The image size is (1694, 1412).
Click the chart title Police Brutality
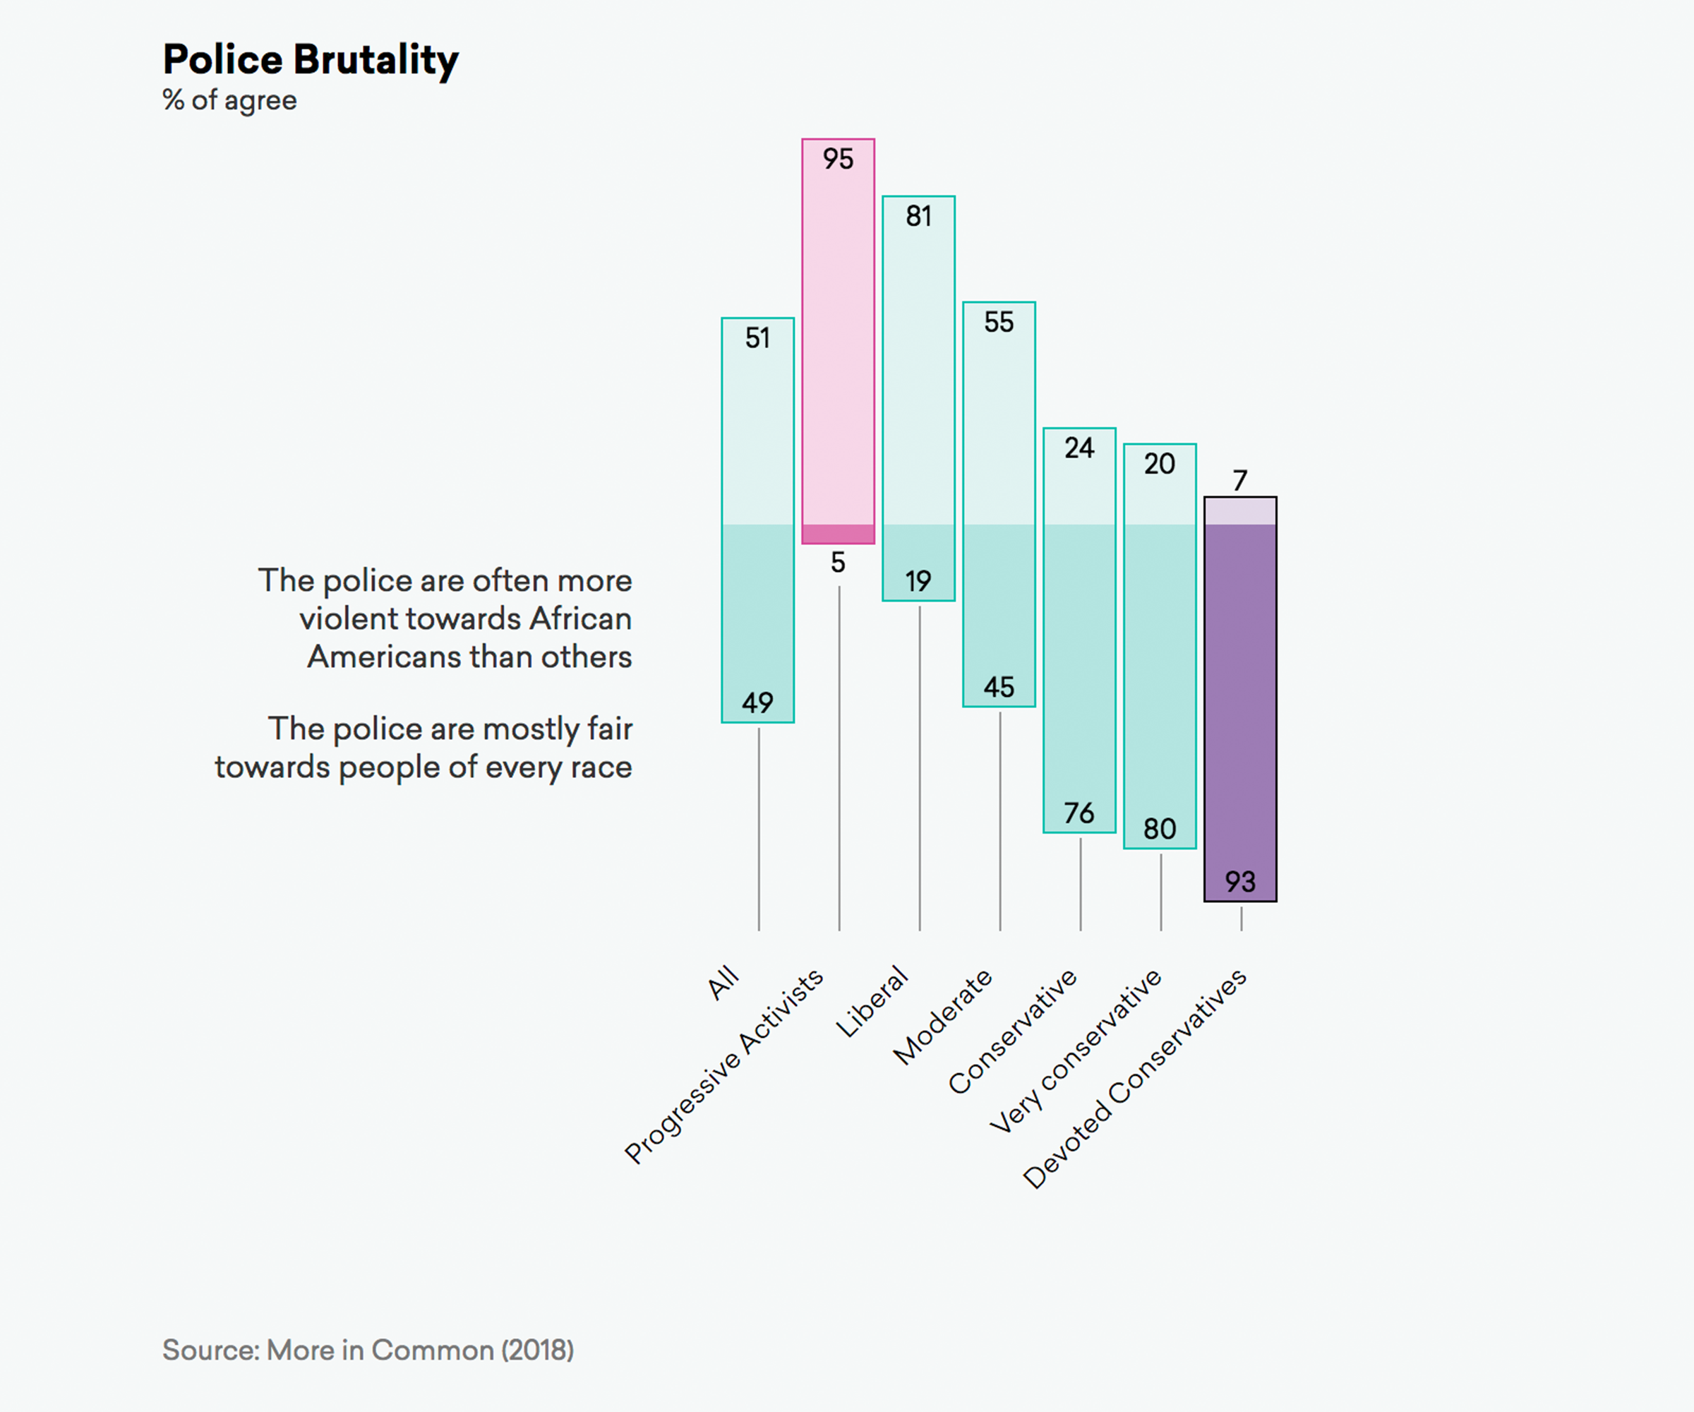pos(311,60)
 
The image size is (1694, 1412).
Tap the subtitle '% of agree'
pos(230,100)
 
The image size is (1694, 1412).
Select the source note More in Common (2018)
pos(368,1350)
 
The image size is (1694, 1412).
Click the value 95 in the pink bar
pos(838,159)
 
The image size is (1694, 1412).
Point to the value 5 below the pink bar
pos(838,563)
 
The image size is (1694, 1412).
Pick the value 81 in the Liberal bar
pos(918,216)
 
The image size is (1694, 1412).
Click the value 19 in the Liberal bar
pos(918,581)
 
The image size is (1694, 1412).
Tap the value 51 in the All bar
pos(757,338)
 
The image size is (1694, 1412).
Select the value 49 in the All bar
pos(757,702)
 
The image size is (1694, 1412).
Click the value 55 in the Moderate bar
pos(999,323)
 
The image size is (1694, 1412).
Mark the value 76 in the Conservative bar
pos(1079,813)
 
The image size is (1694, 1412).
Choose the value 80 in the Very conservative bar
pos(1159,830)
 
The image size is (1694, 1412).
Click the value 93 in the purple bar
pos(1240,882)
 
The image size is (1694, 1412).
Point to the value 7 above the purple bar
pos(1240,481)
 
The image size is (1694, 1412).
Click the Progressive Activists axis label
pos(723,1067)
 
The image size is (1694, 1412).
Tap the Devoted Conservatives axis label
pos(1134,1079)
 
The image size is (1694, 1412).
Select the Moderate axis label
pos(942,1017)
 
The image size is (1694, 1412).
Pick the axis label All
pos(723,982)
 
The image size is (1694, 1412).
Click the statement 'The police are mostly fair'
pos(450,729)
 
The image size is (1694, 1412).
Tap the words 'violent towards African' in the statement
pos(465,619)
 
